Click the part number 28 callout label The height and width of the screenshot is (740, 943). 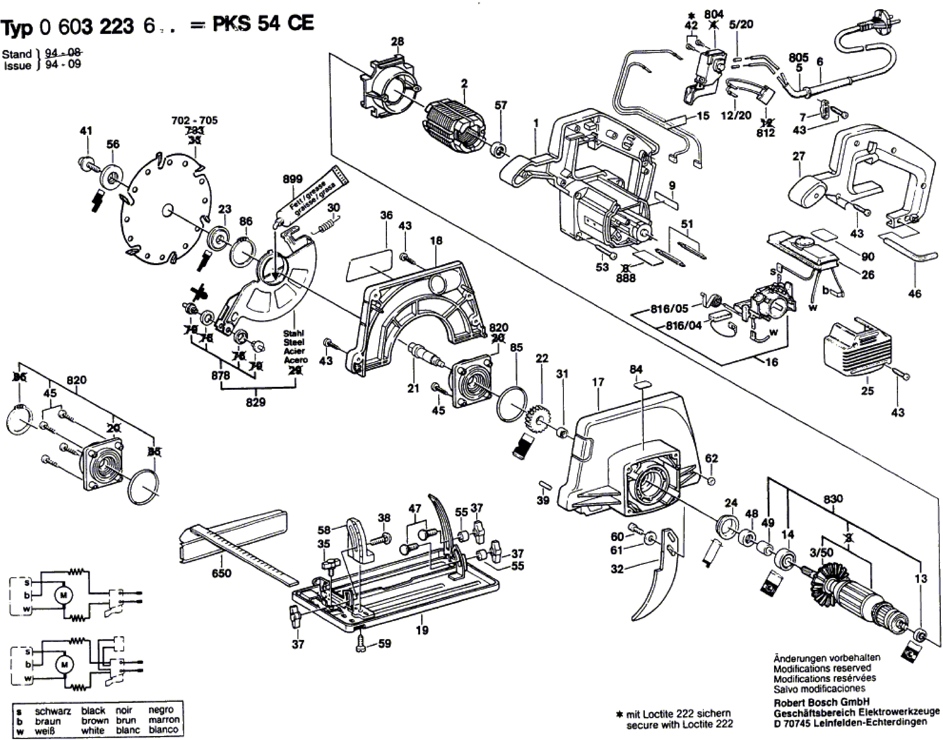point(397,42)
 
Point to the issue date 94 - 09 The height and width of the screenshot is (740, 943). point(64,65)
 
